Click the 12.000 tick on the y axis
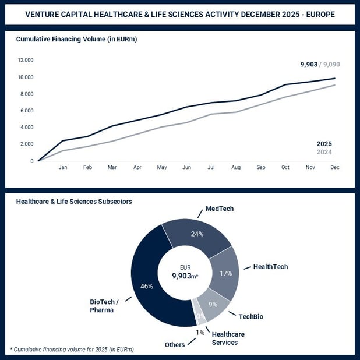25,60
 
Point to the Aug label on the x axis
235,167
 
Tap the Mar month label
112,167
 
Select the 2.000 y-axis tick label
26,144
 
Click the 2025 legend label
324,143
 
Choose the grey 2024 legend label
324,153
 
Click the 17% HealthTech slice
226,273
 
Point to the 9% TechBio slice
213,303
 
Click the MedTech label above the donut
220,208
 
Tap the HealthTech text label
270,267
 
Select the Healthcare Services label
228,338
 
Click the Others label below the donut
174,344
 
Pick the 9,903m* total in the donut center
185,277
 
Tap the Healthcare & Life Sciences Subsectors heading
74,201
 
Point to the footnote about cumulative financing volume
72,349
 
